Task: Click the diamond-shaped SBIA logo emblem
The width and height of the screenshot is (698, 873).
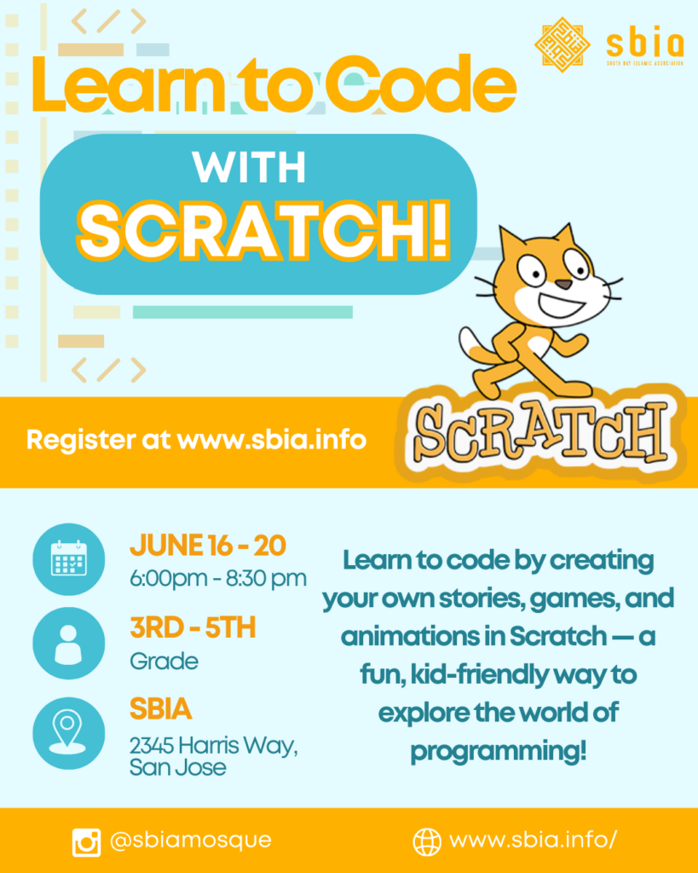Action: [562, 44]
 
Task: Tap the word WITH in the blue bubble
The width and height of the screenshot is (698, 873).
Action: [249, 167]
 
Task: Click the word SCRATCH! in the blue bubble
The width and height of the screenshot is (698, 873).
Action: [263, 230]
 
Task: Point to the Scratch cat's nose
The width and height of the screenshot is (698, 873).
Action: [564, 285]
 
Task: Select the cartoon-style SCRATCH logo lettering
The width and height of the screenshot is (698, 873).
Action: [540, 434]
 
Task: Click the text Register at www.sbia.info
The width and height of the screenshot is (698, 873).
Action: [196, 440]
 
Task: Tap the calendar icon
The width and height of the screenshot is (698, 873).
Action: [68, 558]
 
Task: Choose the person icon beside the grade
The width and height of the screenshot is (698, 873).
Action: [68, 644]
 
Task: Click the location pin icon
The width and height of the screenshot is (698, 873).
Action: [67, 731]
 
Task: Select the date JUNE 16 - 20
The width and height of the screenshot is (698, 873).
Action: [208, 546]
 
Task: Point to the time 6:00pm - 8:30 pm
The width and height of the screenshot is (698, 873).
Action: [218, 579]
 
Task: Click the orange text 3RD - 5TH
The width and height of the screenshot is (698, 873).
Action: [193, 628]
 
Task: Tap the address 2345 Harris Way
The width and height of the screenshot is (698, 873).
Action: [213, 745]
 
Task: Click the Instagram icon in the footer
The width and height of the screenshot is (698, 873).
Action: [86, 841]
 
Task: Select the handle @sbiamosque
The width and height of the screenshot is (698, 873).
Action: [190, 840]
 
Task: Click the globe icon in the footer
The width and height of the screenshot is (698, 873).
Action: [426, 841]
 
